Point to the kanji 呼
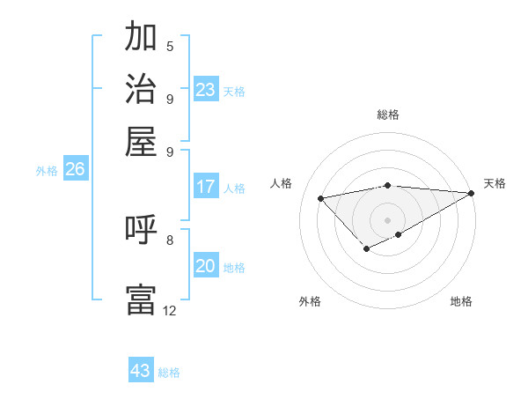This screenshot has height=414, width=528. pos(141,231)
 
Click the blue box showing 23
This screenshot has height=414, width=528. pos(206,90)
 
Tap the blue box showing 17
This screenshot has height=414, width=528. pos(206,187)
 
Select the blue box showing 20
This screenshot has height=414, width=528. pos(206,266)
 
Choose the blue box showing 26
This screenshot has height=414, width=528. pos(75,170)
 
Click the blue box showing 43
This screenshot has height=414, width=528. pos(141,371)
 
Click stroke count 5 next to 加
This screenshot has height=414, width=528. pos(170,46)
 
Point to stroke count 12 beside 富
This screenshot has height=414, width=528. pos(169,310)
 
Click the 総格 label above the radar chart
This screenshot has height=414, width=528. pos(388,115)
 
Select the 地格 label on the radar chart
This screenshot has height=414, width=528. pos(461,301)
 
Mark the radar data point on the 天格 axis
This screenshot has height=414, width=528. pos(472,194)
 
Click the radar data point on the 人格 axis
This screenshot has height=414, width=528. pos(321,198)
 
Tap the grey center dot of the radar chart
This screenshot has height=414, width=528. pos(388,219)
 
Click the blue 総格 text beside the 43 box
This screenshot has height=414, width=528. pos(170,373)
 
